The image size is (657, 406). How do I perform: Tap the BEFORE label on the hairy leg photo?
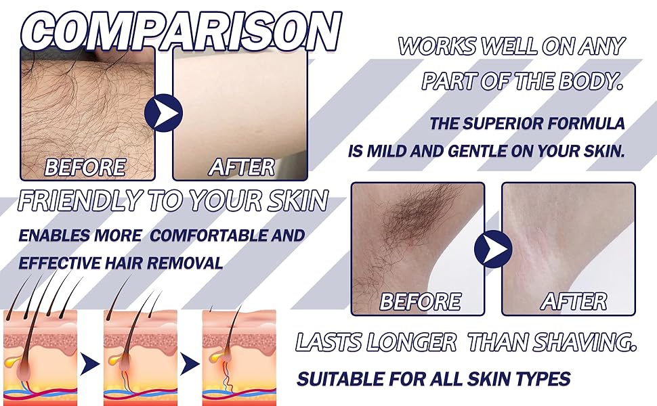click(84, 166)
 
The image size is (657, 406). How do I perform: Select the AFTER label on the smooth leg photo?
click(241, 166)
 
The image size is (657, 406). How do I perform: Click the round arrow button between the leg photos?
click(164, 112)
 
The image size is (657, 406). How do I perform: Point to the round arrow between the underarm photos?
click(493, 248)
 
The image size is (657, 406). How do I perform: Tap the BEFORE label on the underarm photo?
click(420, 301)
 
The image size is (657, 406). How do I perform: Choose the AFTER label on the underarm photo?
click(574, 301)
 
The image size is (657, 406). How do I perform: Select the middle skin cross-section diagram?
click(140, 352)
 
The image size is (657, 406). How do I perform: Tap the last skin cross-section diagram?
click(238, 352)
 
